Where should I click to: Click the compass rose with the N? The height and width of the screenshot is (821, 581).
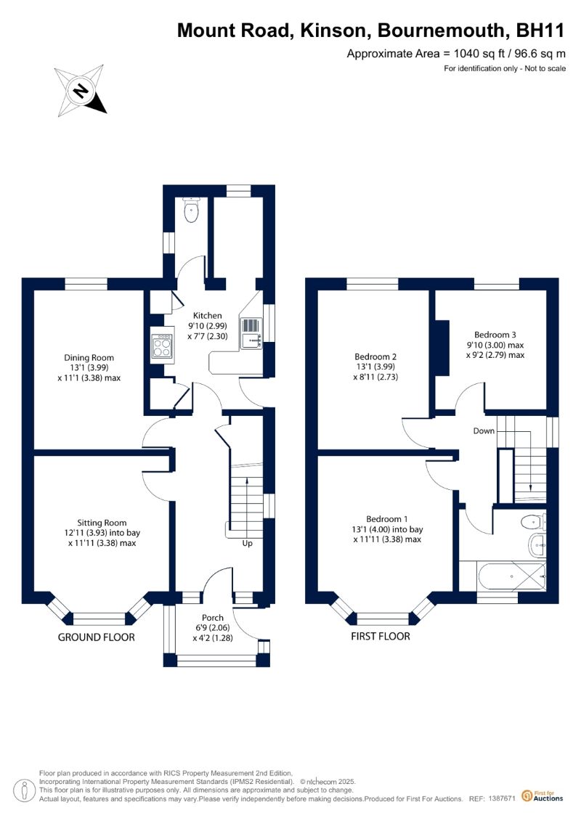(80, 91)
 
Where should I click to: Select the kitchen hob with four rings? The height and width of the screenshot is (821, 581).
(162, 346)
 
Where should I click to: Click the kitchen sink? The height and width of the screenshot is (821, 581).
(251, 333)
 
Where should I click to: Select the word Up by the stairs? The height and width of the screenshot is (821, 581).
(247, 544)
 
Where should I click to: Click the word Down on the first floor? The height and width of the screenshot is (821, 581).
(484, 431)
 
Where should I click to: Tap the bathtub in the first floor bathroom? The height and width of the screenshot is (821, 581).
(512, 576)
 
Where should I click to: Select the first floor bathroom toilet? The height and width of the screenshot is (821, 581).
(533, 522)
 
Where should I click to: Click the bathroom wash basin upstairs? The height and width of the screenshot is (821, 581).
(537, 546)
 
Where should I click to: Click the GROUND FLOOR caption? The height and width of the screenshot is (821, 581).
(97, 637)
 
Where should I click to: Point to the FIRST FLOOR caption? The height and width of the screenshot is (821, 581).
(381, 636)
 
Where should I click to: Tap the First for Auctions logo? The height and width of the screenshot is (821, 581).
(543, 796)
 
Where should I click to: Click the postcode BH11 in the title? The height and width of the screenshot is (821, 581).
(540, 30)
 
